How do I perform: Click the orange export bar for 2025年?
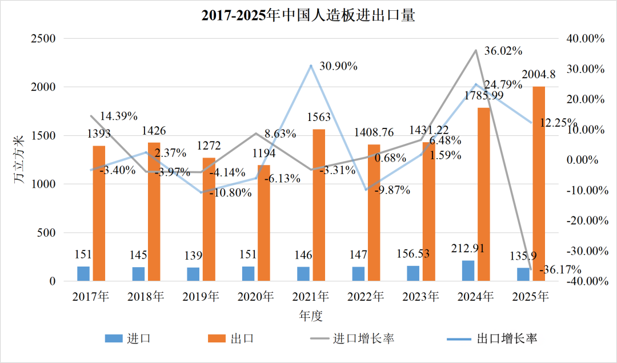(x=538, y=184)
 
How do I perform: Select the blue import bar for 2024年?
(x=468, y=271)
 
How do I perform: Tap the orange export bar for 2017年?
(x=99, y=213)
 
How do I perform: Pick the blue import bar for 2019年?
(x=193, y=274)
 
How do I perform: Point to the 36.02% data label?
(x=503, y=51)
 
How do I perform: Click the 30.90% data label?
(x=338, y=66)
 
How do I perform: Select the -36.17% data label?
(x=561, y=269)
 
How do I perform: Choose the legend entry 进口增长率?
(x=362, y=338)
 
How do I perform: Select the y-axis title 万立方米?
(x=18, y=160)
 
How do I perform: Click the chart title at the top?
(x=308, y=15)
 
